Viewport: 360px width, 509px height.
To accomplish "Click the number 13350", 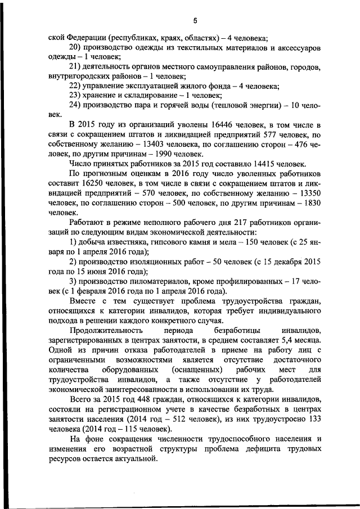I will point(308,193).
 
